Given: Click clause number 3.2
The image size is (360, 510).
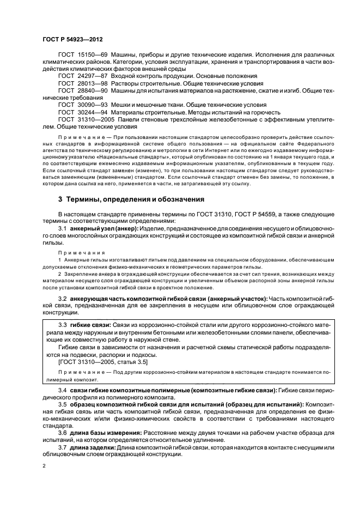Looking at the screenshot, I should (63, 299).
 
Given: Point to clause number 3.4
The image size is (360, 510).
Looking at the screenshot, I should (63, 391).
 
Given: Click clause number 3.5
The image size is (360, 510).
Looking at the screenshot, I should (63, 405).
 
